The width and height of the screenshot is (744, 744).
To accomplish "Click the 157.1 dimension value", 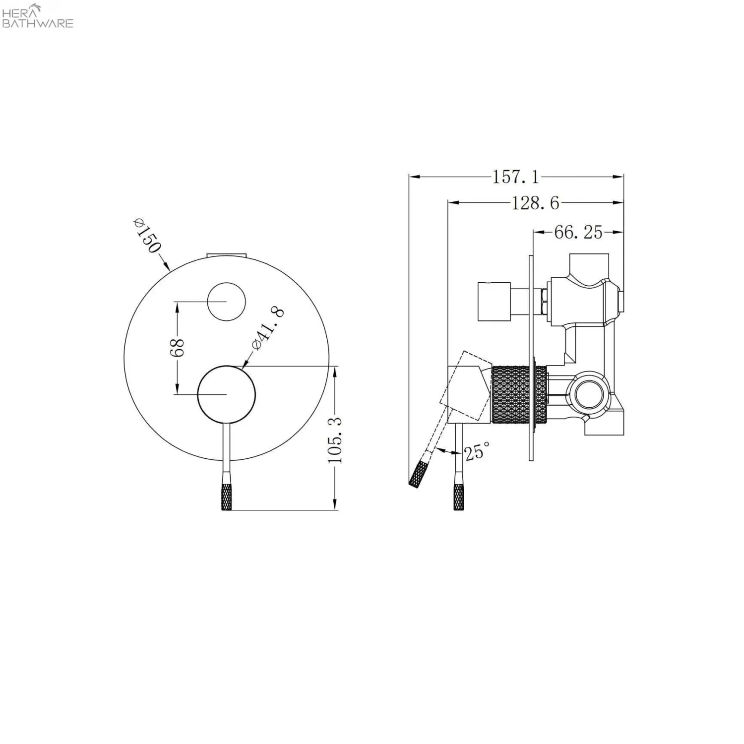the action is (515, 177).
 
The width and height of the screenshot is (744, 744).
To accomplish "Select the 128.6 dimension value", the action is (535, 203).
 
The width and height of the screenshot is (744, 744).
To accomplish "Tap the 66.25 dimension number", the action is (578, 232).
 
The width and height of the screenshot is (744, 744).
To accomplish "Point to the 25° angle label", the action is (477, 451).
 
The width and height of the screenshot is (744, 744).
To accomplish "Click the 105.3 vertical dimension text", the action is (335, 440).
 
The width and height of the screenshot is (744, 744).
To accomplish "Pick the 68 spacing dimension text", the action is (177, 347).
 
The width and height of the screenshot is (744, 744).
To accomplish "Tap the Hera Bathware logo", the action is (38, 16).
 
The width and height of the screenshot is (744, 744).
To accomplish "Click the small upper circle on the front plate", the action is (227, 302).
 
